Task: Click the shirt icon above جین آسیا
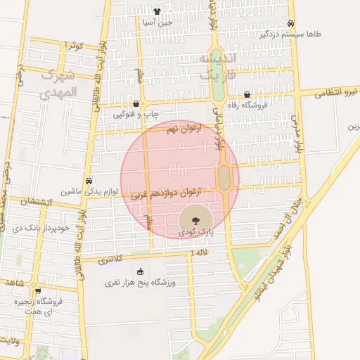[157, 11]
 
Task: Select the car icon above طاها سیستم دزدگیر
[290, 22]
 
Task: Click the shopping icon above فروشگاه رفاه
[247, 94]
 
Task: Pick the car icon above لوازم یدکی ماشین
[89, 181]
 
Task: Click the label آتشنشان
[28, 201]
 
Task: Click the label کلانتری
[110, 260]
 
